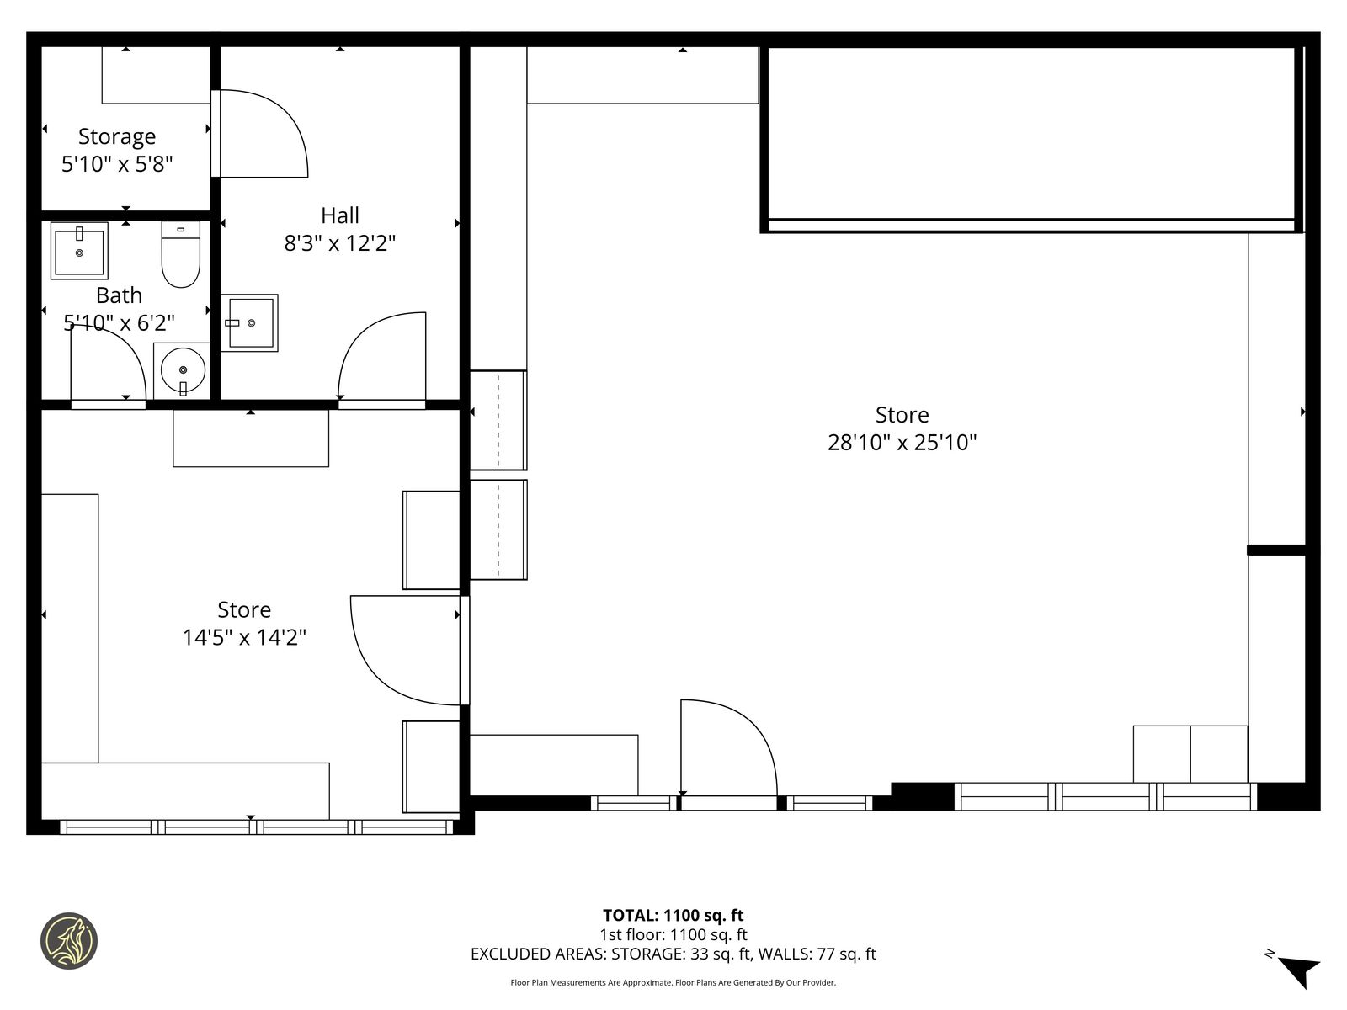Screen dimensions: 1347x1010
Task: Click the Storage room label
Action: pos(116,136)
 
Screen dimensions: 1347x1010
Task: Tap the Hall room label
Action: pos(340,215)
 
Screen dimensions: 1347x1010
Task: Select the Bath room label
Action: pos(119,295)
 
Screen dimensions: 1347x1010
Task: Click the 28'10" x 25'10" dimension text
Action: pos(902,442)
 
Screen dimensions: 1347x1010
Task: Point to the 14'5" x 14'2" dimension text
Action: pos(244,637)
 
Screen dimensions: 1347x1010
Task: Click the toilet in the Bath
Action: pos(181,254)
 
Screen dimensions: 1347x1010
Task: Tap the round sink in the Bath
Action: pos(183,369)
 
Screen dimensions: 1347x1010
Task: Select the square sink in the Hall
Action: pos(250,322)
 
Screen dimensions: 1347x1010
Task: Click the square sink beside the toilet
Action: pos(79,251)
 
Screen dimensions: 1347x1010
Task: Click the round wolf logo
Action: pos(69,941)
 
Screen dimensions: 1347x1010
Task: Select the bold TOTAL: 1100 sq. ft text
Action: pos(673,916)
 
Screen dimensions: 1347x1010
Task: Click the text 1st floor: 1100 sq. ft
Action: pos(673,934)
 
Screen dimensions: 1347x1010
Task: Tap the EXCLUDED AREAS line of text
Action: pos(673,954)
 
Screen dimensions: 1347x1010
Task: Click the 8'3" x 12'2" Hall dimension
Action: pos(340,243)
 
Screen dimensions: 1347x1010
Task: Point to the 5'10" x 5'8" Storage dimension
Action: pos(117,164)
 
